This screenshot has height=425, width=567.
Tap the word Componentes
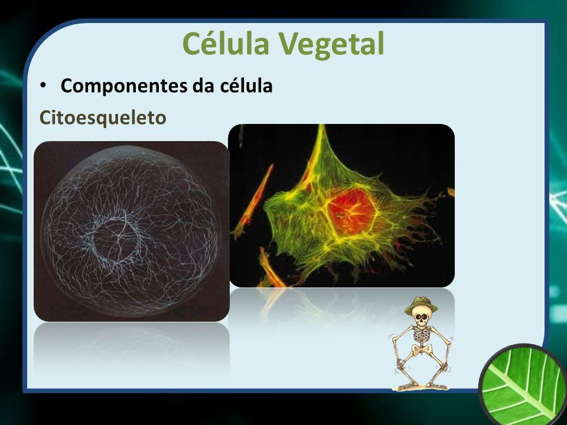124,86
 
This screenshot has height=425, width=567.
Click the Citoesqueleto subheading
103,118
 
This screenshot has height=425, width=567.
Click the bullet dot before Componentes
43,86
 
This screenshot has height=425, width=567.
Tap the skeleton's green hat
421,305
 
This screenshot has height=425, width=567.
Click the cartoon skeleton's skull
421,318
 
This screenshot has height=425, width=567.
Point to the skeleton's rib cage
422,335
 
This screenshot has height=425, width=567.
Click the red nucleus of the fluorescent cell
351,211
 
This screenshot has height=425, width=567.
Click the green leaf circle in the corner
524,385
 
